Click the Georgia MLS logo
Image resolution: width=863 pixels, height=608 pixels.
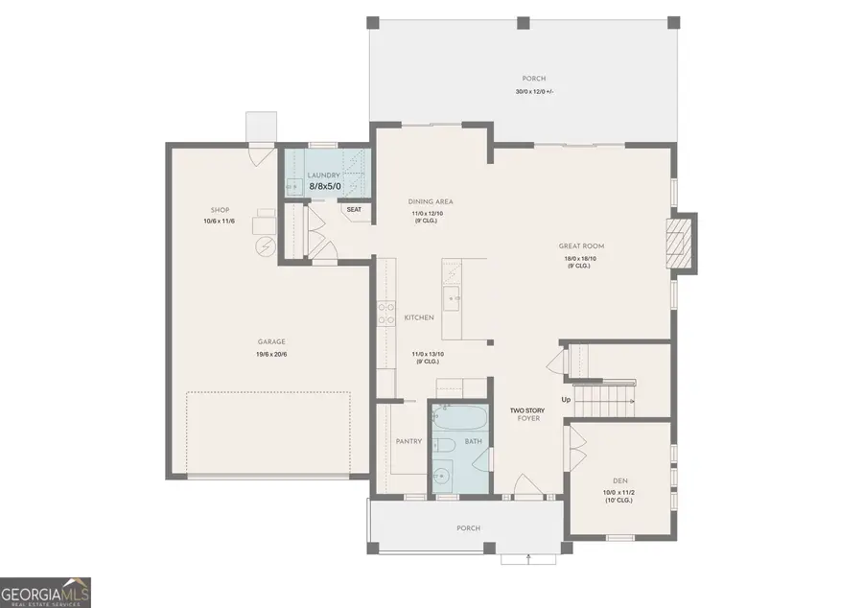(x=46, y=592)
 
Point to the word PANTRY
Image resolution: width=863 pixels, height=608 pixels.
(x=409, y=442)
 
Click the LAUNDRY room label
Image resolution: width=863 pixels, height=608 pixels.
(x=323, y=175)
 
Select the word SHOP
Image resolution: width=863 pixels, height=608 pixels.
(x=220, y=210)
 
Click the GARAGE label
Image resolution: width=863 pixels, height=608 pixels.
(x=271, y=341)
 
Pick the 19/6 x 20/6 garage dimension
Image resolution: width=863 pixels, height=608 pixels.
(x=271, y=355)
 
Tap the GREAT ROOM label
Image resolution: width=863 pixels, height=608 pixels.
(x=581, y=246)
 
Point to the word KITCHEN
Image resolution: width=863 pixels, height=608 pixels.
(x=419, y=317)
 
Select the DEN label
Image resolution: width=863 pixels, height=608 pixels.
(x=619, y=480)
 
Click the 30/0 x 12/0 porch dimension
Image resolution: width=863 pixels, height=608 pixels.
(x=534, y=92)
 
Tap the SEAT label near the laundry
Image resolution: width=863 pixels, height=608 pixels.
(x=354, y=209)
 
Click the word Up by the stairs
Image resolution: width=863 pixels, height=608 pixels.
(x=567, y=399)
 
